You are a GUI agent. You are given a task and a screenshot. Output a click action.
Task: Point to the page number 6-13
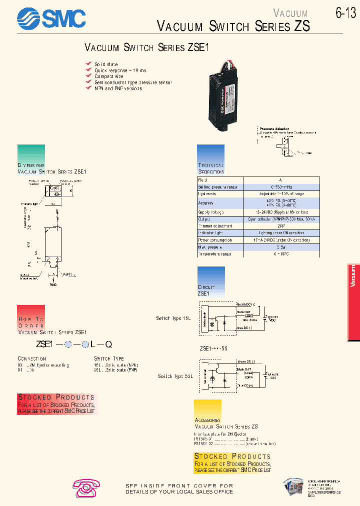coord(345,13)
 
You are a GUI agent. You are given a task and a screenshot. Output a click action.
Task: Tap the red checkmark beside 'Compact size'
coord(88,76)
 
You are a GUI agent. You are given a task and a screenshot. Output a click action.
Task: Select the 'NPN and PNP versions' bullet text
coord(118,88)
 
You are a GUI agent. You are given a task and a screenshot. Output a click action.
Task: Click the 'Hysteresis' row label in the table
coord(207,193)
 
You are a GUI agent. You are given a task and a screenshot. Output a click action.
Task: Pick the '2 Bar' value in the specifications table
coord(280,247)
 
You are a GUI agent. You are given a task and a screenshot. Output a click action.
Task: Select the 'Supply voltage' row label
coord(210,212)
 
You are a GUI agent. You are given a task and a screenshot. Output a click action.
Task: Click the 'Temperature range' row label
coord(214,254)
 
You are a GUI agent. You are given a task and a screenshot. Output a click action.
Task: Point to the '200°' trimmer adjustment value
coord(280,226)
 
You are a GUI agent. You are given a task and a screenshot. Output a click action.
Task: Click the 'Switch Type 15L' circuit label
coord(173,318)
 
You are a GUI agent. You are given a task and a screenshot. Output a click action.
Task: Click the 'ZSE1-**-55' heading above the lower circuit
coord(213,348)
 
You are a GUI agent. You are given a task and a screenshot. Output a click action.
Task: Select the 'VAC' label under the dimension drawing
coord(53,284)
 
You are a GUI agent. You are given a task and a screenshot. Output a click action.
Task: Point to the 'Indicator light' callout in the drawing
coord(30,204)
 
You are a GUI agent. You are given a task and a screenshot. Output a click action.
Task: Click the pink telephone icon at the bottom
coord(86,487)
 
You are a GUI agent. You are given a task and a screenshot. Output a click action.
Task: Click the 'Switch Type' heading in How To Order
coord(109,358)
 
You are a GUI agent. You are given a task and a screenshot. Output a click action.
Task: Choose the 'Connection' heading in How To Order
coord(32,358)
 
